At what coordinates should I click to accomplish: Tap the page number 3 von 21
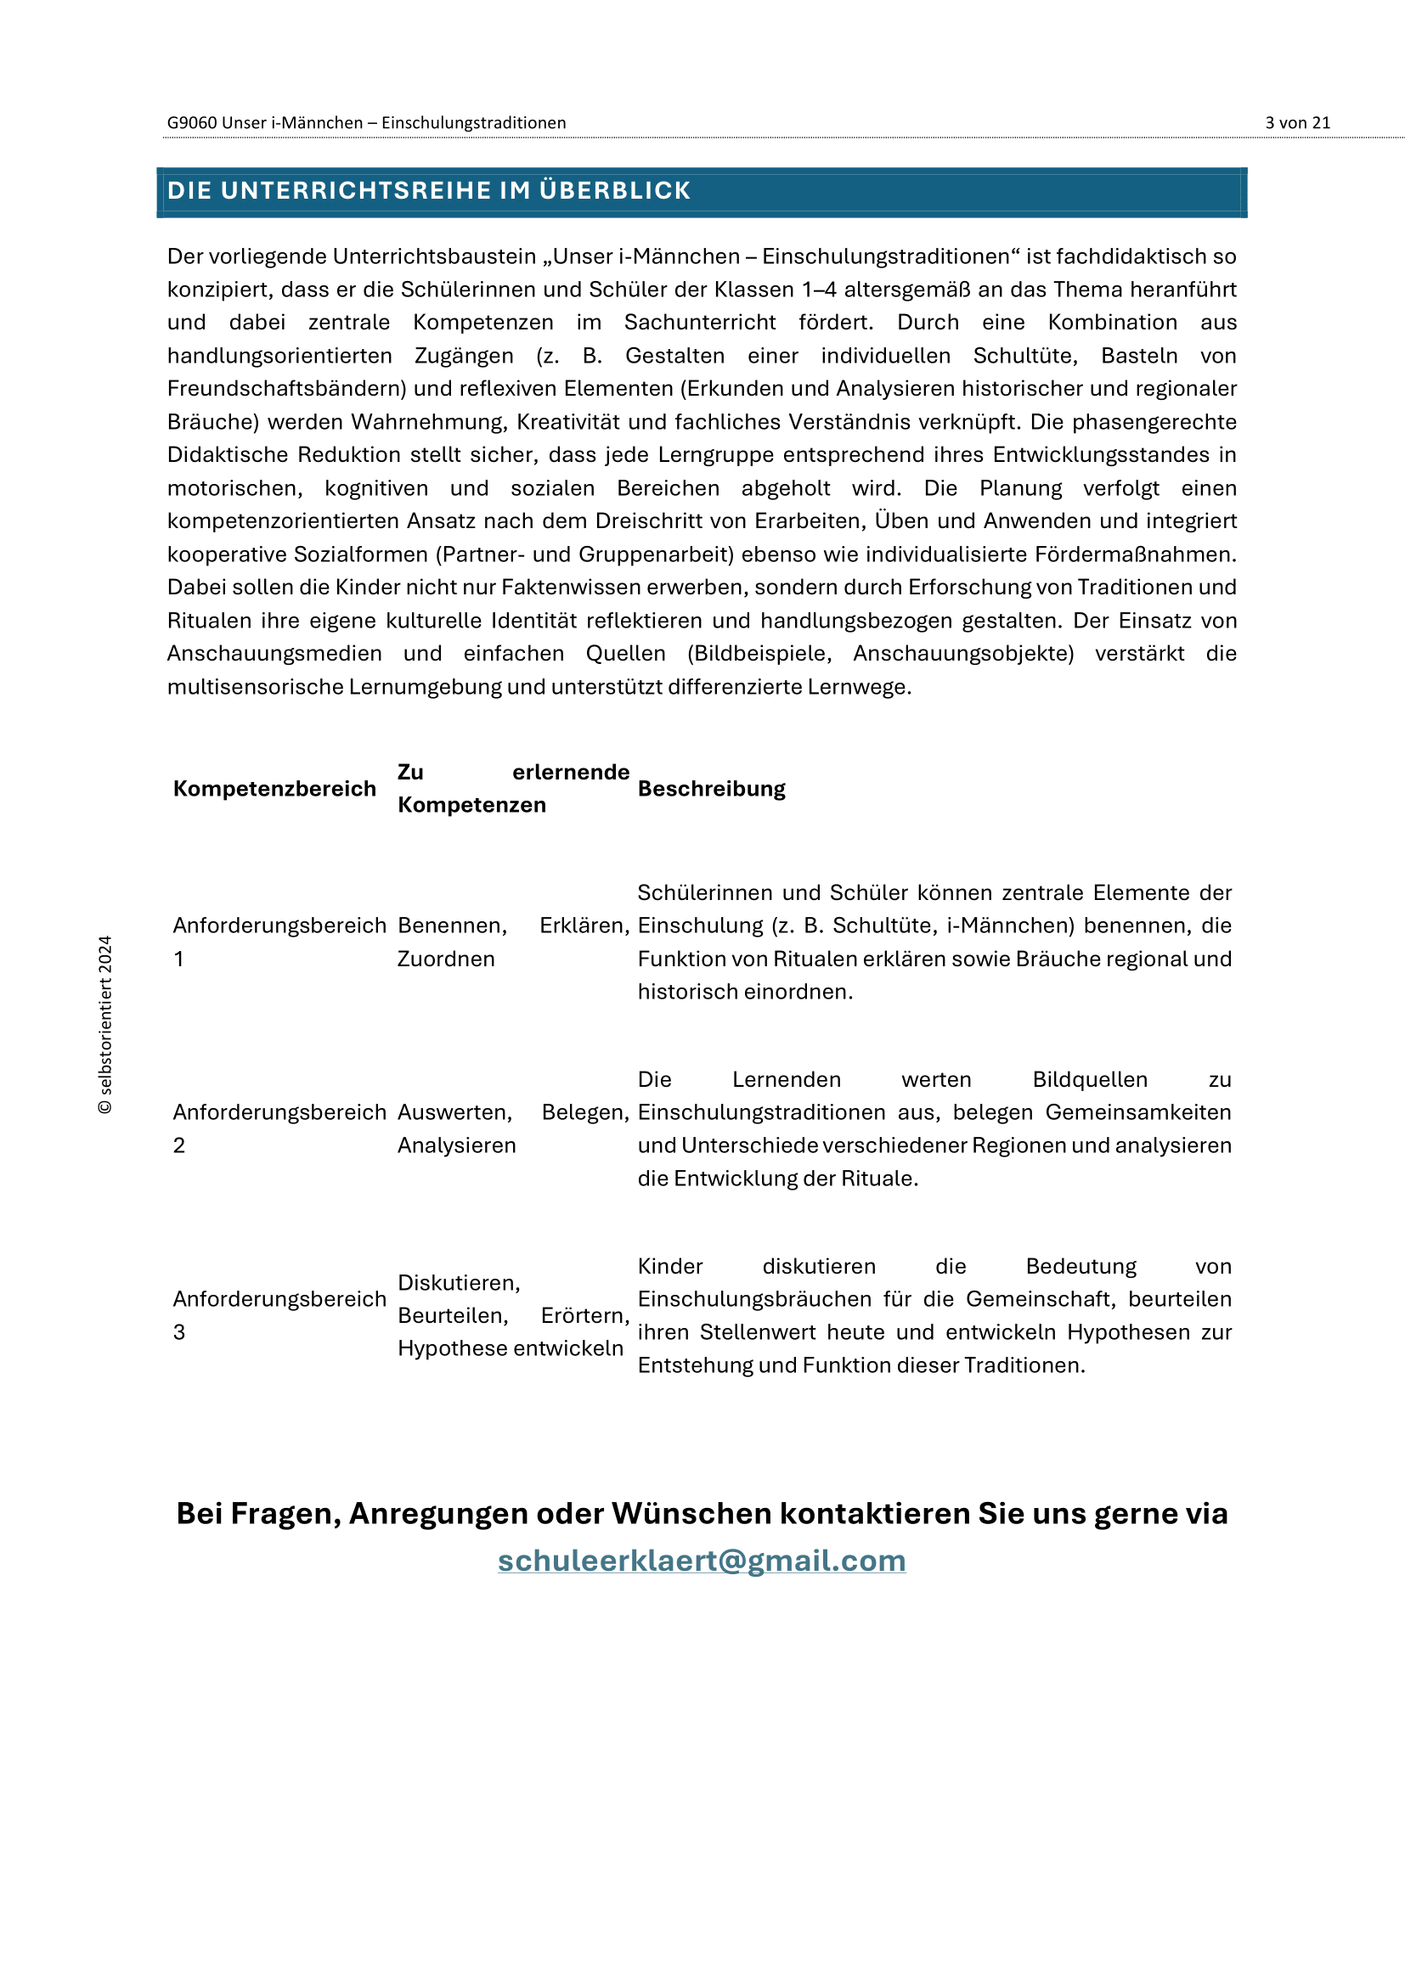click(x=1297, y=123)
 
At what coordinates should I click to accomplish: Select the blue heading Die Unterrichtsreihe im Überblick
click(x=429, y=190)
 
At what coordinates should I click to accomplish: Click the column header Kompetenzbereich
click(x=274, y=789)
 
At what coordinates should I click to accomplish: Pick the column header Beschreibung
click(x=711, y=789)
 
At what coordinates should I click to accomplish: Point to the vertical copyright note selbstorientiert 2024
click(x=105, y=1024)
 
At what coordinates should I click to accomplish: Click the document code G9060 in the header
click(x=191, y=123)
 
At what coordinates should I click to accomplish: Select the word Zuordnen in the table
click(x=446, y=959)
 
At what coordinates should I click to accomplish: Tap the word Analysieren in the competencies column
click(x=456, y=1145)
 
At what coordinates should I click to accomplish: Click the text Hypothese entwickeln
click(x=510, y=1347)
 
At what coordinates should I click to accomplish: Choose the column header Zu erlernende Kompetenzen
click(x=513, y=788)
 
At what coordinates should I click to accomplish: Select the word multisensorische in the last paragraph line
click(x=255, y=687)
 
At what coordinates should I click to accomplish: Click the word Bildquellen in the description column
click(x=1089, y=1079)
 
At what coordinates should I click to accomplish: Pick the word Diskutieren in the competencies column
click(x=459, y=1283)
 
